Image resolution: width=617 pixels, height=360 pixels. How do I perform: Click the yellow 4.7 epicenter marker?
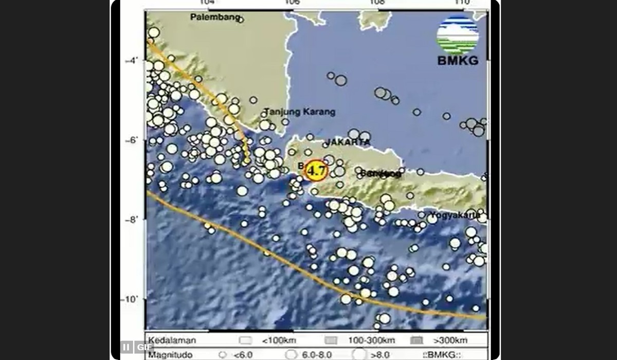316,170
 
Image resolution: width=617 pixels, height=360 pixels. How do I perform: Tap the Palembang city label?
215,17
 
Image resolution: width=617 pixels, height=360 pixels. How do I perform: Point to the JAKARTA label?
348,141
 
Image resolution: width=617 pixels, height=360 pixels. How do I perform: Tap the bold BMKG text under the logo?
458,61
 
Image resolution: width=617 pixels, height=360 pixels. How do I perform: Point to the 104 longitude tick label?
207,3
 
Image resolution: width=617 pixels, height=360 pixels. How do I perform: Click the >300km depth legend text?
449,340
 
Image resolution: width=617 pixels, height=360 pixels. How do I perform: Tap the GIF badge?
144,347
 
